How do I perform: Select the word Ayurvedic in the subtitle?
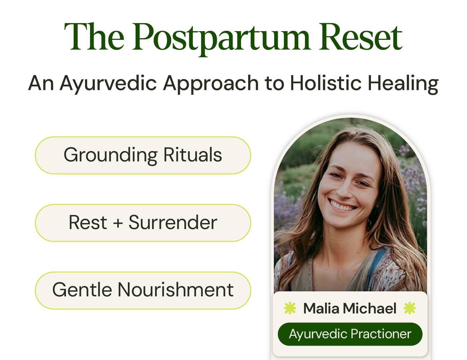coord(108,83)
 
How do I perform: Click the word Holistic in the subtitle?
coord(325,83)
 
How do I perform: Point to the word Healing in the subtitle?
coord(403,83)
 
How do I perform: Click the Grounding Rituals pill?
coord(143,155)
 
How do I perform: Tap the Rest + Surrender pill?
coord(143,223)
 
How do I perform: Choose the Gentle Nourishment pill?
coord(143,290)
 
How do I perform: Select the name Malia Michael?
coord(350,308)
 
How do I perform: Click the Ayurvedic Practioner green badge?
coord(350,334)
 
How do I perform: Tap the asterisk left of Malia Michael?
coord(290,308)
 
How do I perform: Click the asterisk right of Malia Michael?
coord(409,308)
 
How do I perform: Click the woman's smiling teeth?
coord(341,205)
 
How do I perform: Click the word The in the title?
coord(94,38)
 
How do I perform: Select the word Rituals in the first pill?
coord(192,155)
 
